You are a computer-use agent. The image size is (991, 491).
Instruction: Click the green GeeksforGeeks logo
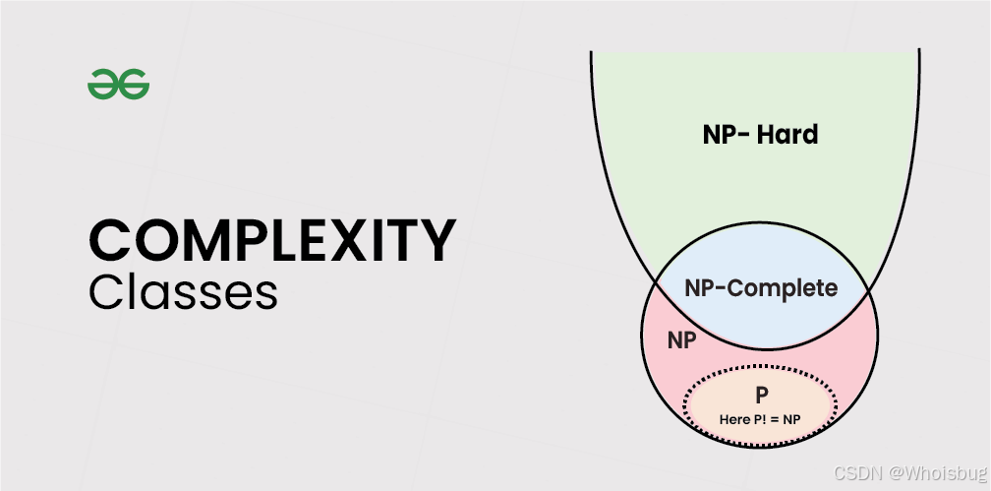click(118, 86)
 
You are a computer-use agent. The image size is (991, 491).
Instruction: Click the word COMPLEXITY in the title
click(272, 240)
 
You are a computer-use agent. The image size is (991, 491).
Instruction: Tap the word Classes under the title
click(183, 292)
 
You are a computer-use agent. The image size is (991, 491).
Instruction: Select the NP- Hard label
click(760, 135)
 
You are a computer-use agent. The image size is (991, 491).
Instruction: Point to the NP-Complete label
click(761, 288)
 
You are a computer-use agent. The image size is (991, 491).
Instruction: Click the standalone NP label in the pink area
click(682, 341)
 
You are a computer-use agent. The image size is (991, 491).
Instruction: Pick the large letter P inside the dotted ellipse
click(761, 396)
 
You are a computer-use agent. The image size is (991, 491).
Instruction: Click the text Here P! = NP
click(761, 419)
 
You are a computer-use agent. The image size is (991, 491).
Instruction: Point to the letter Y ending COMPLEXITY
click(438, 240)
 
